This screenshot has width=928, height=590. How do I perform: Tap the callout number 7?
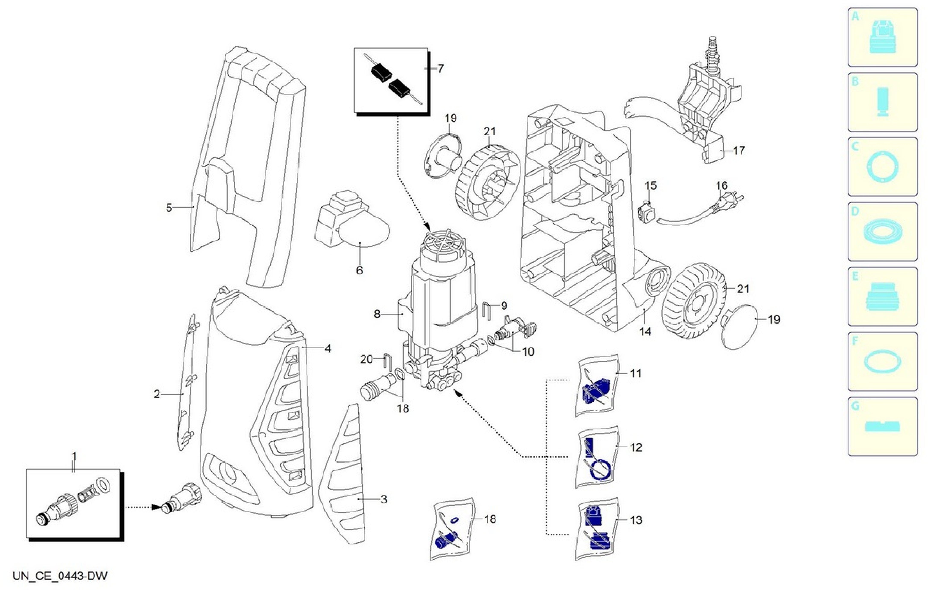point(440,69)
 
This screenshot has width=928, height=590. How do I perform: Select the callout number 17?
point(738,151)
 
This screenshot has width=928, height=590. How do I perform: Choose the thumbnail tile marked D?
point(882,232)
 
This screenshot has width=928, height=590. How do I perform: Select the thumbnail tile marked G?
point(882,427)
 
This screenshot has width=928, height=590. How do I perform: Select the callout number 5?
point(169,208)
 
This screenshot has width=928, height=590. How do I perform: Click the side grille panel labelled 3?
point(343,474)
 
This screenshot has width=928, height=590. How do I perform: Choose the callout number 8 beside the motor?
point(377,314)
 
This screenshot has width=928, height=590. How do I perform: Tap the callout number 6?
point(359,271)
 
